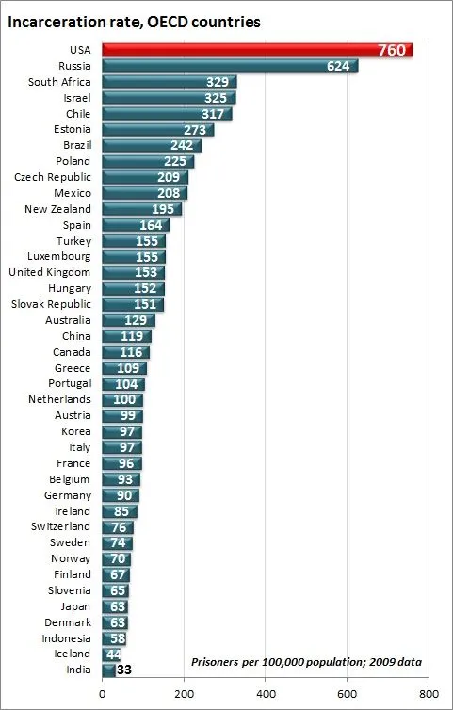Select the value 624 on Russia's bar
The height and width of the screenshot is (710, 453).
tap(337, 66)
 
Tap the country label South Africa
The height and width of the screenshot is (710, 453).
tap(59, 82)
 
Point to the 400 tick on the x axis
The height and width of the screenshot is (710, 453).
tap(266, 694)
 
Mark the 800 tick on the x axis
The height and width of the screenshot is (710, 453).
tap(429, 694)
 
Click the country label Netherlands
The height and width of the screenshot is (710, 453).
tap(59, 399)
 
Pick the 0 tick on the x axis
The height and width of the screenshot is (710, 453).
tap(103, 694)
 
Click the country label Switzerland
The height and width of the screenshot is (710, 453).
tap(59, 526)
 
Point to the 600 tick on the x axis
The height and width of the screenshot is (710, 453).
tap(347, 694)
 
